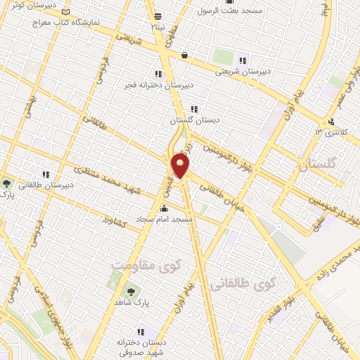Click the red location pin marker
[181, 166]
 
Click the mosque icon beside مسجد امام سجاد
[165, 208]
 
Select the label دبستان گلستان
[195, 121]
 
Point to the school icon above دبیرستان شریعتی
[243, 60]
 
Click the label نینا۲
[157, 26]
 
